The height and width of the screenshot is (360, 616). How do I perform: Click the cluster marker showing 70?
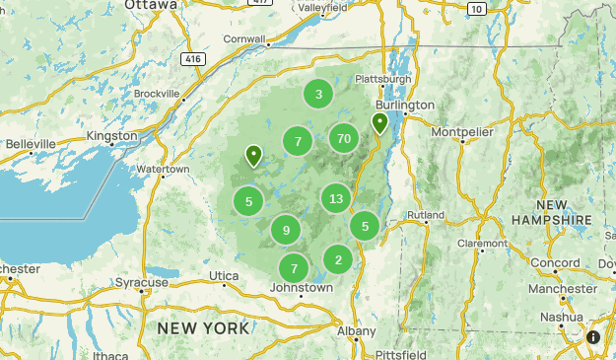click(343, 138)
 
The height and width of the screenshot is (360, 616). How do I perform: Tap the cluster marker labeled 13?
click(336, 199)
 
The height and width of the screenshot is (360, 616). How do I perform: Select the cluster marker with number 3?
click(318, 95)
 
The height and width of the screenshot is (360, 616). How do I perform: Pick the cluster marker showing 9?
click(286, 231)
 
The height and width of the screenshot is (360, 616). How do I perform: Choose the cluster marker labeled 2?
click(338, 260)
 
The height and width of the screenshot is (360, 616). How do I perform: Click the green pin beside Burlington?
click(379, 122)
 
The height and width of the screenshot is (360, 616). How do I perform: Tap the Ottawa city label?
click(152, 5)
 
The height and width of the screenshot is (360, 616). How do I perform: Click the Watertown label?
click(163, 170)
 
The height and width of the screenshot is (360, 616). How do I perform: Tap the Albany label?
click(357, 331)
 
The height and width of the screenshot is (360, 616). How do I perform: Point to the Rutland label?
click(426, 214)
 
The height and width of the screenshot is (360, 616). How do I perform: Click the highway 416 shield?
click(192, 59)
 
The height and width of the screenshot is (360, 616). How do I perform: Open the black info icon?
click(593, 337)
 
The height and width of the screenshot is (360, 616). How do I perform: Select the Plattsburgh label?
click(382, 79)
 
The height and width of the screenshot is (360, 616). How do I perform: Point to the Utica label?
click(224, 275)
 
